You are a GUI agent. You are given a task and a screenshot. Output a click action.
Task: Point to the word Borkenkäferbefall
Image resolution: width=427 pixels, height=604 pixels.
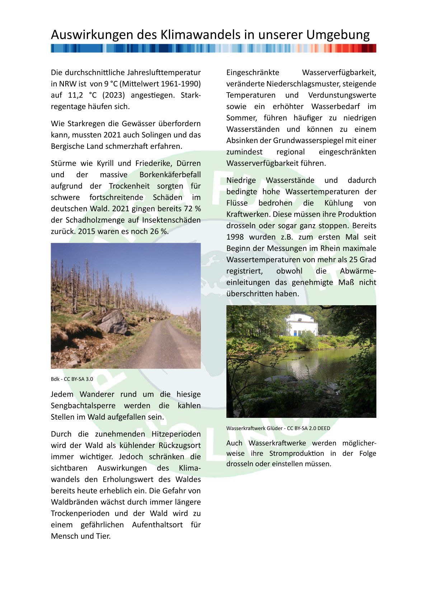(x=170, y=175)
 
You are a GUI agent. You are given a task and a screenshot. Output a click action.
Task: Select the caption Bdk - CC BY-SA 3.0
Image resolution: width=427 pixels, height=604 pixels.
(x=72, y=379)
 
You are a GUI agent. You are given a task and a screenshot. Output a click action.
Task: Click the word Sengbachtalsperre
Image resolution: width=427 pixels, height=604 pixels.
(x=83, y=406)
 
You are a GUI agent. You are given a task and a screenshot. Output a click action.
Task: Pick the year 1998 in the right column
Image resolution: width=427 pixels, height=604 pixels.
(x=235, y=237)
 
